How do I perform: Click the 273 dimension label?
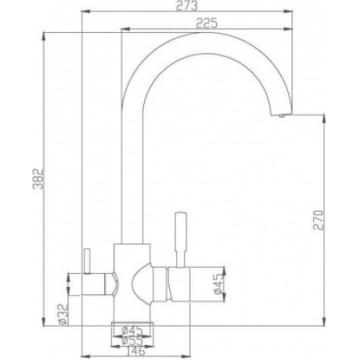(x=187, y=6)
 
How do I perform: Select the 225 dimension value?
(x=207, y=23)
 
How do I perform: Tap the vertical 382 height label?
(x=38, y=179)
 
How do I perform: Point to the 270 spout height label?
(x=319, y=219)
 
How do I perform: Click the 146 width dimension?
(x=134, y=351)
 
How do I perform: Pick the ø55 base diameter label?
(x=132, y=340)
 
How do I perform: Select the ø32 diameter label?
(x=63, y=314)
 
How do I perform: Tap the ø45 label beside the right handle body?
(x=219, y=284)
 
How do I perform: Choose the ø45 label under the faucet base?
(x=132, y=331)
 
